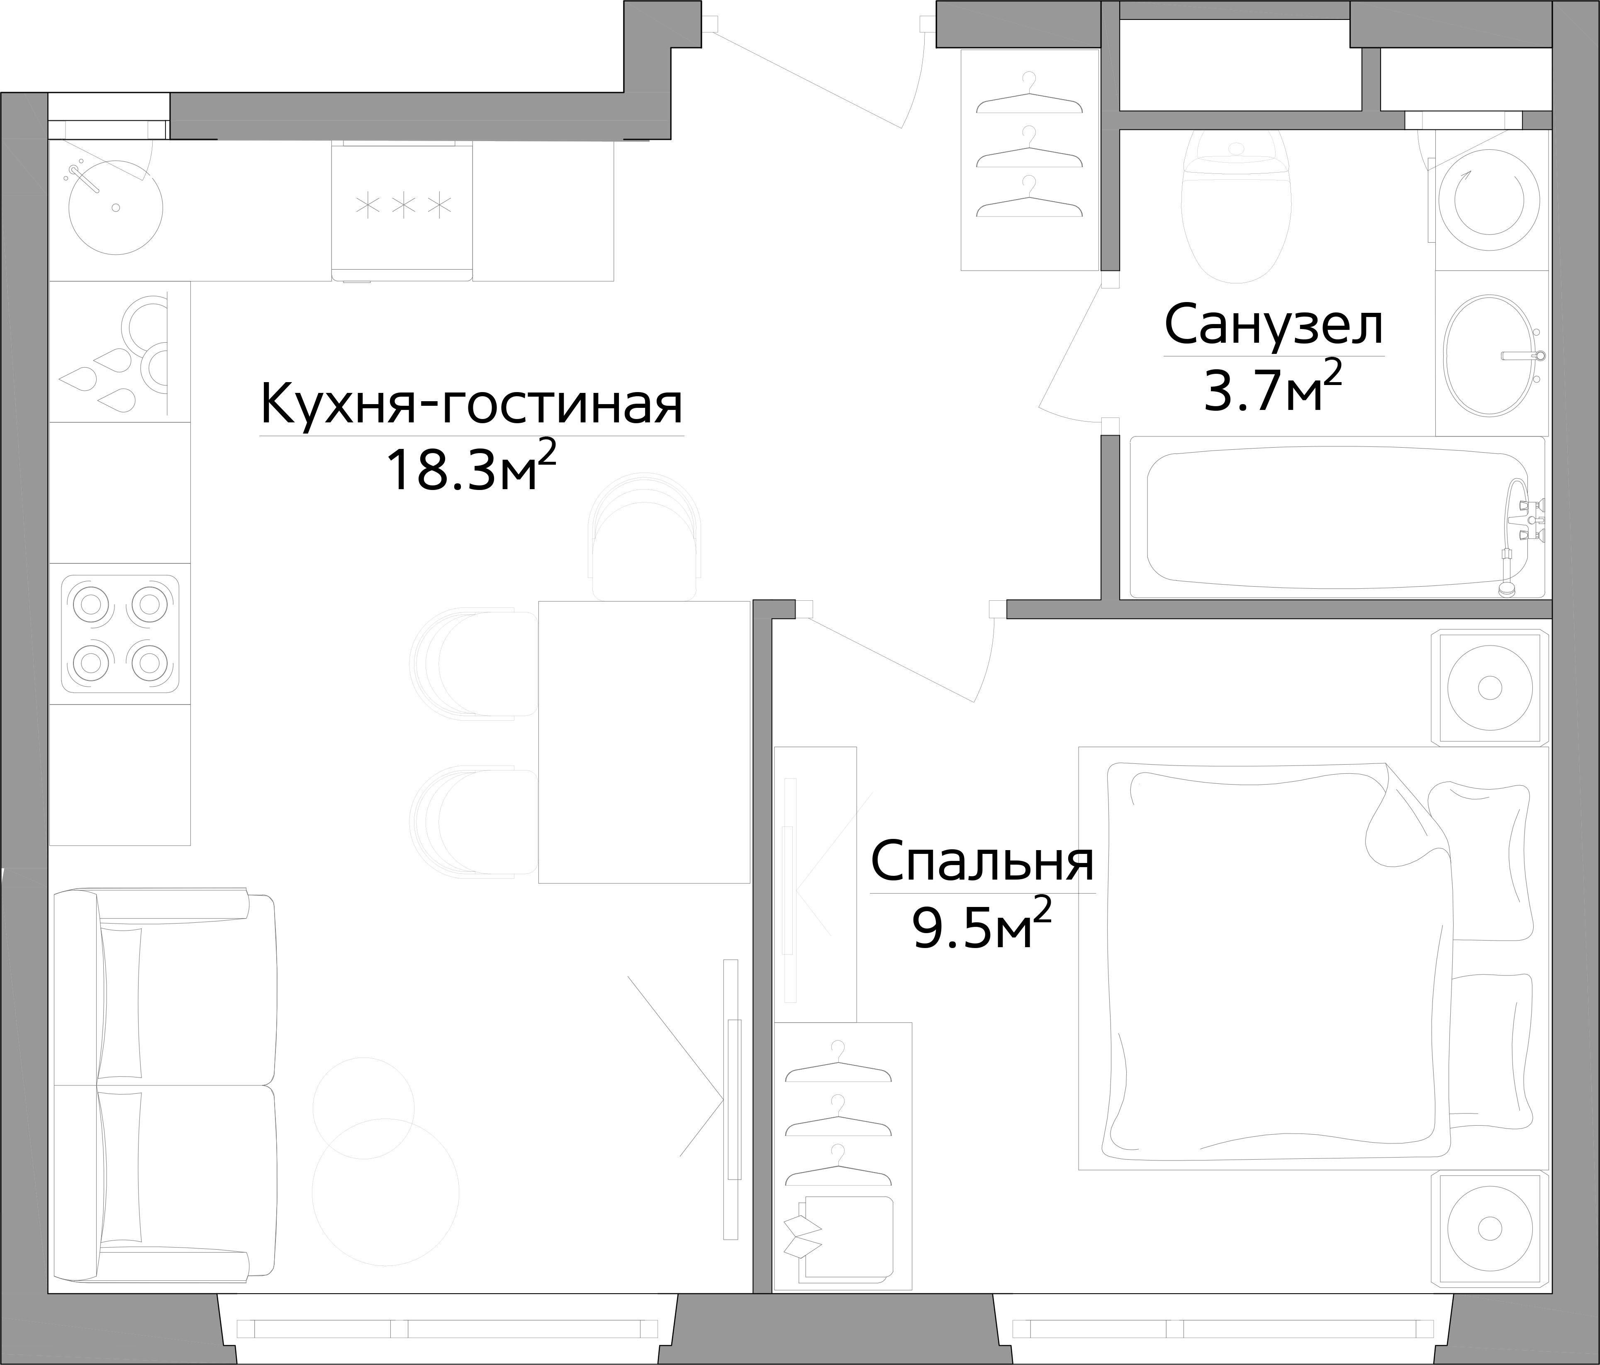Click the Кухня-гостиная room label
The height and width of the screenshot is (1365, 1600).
[x=472, y=404]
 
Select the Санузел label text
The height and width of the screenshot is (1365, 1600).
[x=1274, y=326]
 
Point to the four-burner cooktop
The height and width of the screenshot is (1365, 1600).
[x=120, y=634]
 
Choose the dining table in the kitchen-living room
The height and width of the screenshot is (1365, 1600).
[x=643, y=741]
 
